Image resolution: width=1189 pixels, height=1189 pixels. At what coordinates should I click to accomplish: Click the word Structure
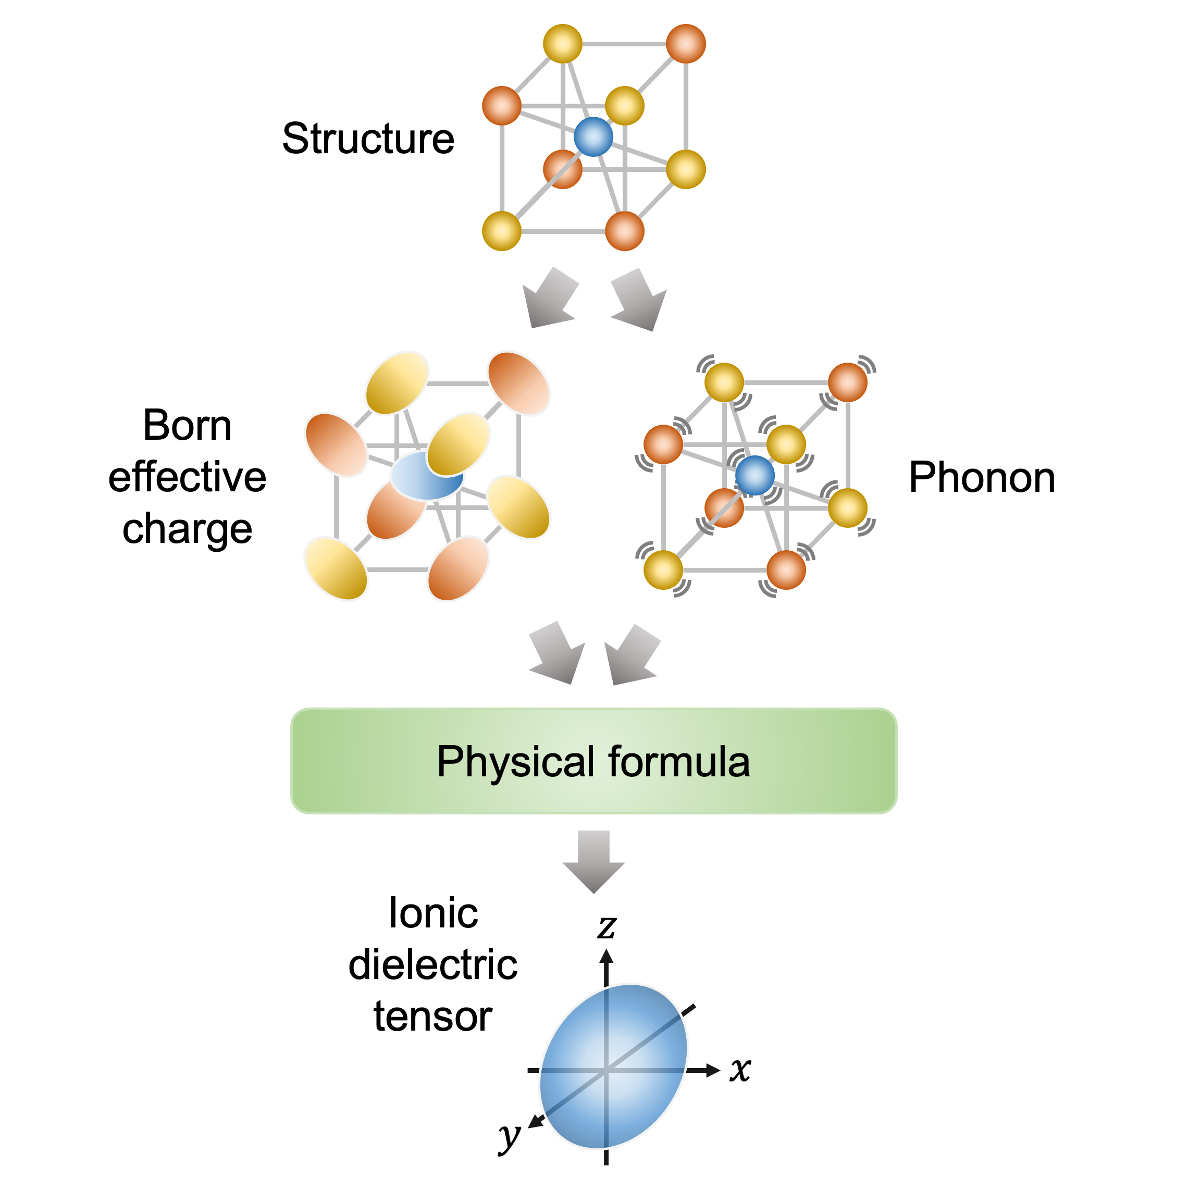point(368,139)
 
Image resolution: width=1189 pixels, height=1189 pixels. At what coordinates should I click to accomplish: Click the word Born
point(187,425)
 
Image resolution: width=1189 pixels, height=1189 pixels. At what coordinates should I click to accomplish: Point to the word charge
point(187,529)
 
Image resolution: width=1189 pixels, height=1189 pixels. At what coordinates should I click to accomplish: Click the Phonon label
point(982,478)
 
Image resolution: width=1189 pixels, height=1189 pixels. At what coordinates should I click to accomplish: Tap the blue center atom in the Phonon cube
point(755,475)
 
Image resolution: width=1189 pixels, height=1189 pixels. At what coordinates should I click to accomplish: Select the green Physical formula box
point(593,761)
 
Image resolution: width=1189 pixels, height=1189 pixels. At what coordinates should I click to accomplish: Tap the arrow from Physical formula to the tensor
point(593,862)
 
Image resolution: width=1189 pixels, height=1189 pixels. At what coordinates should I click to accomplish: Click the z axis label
point(607,927)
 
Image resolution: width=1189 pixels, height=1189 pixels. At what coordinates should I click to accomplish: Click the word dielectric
point(434,964)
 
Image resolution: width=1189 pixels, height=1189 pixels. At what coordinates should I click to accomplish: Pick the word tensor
point(434,1016)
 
